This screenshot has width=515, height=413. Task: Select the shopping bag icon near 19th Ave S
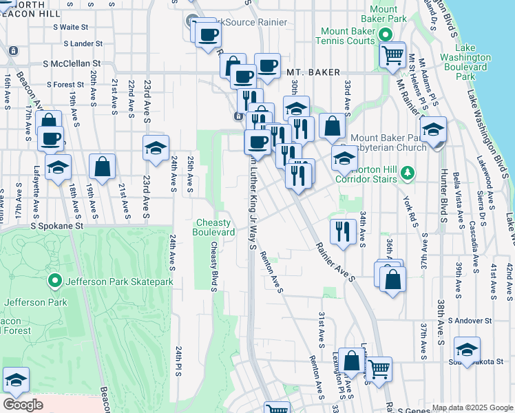(x=102, y=167)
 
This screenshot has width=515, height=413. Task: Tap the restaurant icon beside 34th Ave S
(x=342, y=231)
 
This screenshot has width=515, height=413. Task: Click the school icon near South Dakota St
(x=467, y=349)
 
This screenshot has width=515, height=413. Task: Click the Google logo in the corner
(x=23, y=405)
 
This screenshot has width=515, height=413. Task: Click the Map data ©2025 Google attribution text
(x=472, y=407)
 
